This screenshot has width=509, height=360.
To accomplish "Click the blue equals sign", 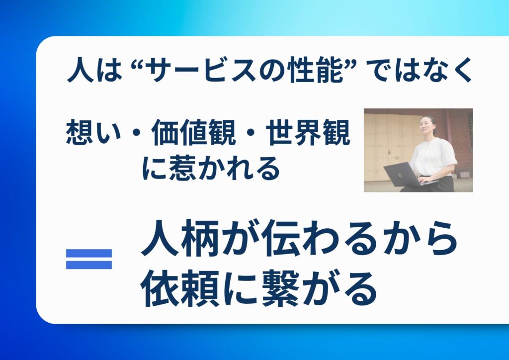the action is (89, 259).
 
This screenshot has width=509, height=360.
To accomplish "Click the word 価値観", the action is (193, 133).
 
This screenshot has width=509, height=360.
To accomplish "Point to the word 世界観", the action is (308, 133).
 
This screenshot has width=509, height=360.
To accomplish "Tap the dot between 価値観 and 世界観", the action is (251, 133).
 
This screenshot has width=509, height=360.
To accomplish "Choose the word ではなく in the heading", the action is (421, 70).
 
